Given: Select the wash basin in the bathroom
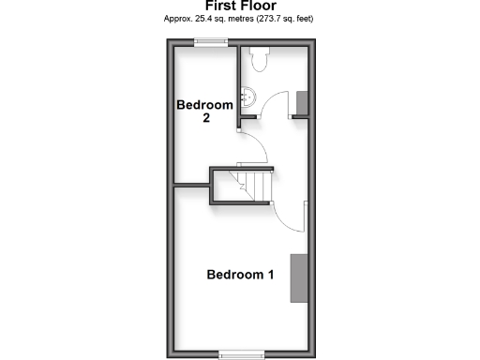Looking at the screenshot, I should [x=247, y=96].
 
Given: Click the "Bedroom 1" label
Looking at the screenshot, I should [x=240, y=275].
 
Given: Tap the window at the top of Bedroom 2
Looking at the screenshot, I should [x=212, y=41].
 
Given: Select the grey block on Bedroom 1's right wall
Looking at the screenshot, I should [x=298, y=277].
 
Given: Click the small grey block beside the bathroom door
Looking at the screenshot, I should [x=301, y=102].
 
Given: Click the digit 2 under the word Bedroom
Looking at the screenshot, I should [x=205, y=119].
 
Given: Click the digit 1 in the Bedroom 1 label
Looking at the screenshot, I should [x=270, y=275].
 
